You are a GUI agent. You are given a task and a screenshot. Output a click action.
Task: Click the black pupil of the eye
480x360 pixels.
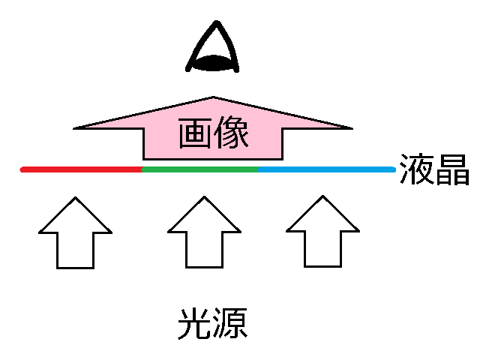(214, 63)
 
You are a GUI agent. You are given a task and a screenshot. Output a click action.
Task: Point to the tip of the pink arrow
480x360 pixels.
(214, 97)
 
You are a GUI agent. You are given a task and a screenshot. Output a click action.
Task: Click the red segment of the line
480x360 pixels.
(82, 169)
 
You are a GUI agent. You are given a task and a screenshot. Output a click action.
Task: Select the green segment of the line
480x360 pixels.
(200, 169)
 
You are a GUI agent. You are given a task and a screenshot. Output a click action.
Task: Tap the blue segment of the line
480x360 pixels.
(326, 169)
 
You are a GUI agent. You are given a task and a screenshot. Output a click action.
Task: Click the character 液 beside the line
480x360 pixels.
(415, 169)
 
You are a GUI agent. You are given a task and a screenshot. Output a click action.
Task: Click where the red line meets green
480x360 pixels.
(142, 169)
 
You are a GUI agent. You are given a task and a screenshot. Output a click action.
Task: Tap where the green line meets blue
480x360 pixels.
(259, 169)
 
